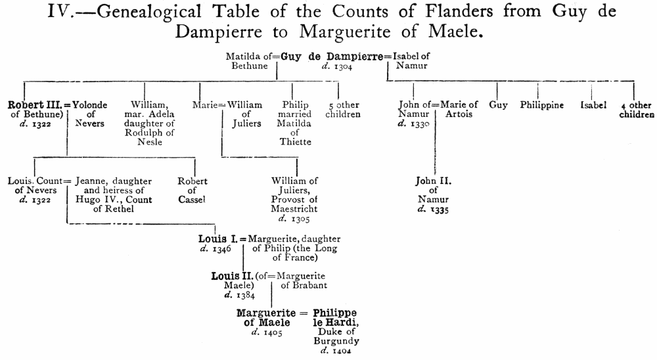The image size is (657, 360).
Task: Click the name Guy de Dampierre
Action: point(332,56)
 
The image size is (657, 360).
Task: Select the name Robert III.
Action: point(34,104)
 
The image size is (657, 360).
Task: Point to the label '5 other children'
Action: point(344,109)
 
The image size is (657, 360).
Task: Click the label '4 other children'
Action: point(637,109)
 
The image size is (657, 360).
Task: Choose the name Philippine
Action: point(542,105)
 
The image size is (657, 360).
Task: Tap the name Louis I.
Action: point(219,239)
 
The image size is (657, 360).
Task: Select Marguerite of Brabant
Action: point(303,281)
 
